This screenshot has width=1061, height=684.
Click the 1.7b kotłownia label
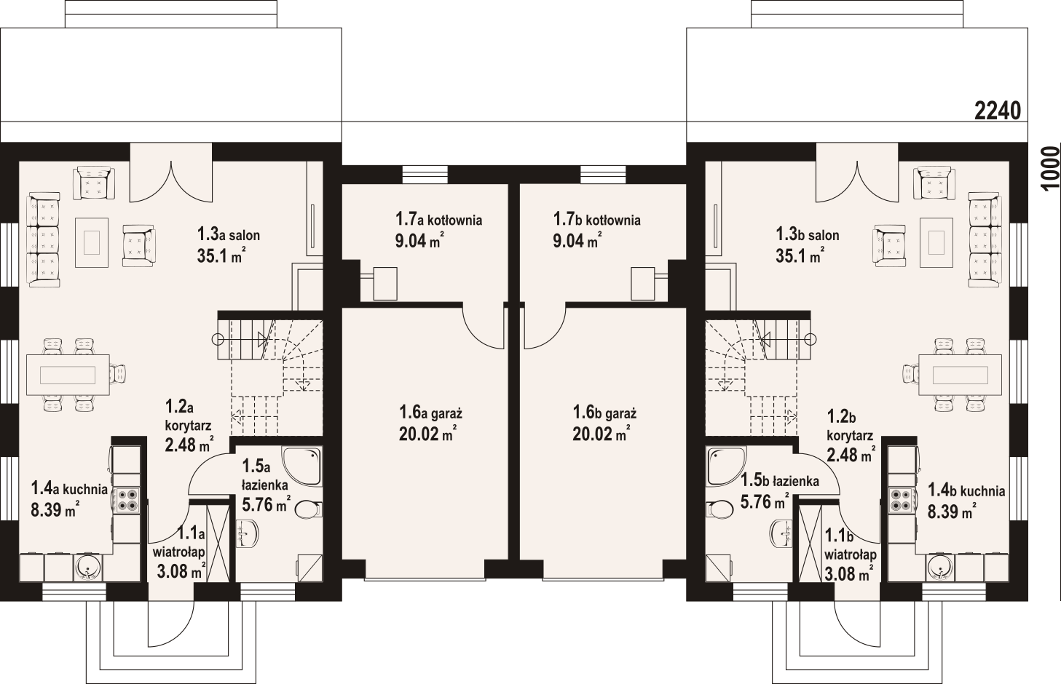pyautogui.click(x=597, y=219)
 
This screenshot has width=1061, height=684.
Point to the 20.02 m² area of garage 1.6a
pyautogui.click(x=427, y=433)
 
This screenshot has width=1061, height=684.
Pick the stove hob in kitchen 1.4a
pyautogui.click(x=127, y=501)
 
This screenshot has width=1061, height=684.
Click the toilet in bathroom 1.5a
pyautogui.click(x=309, y=510)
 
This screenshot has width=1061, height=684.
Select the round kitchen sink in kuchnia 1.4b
pyautogui.click(x=940, y=567)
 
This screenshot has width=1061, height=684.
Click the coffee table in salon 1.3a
pyautogui.click(x=92, y=242)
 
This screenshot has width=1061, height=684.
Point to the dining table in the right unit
pyautogui.click(x=960, y=375)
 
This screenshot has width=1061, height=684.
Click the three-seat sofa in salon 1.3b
pyautogui.click(x=985, y=239)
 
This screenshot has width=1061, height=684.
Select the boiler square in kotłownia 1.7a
pyautogui.click(x=385, y=283)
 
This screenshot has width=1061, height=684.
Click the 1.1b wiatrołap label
pyautogui.click(x=851, y=545)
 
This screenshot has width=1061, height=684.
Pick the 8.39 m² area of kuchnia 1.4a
pyautogui.click(x=55, y=510)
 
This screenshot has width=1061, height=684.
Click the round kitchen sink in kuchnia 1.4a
pyautogui.click(x=87, y=567)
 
